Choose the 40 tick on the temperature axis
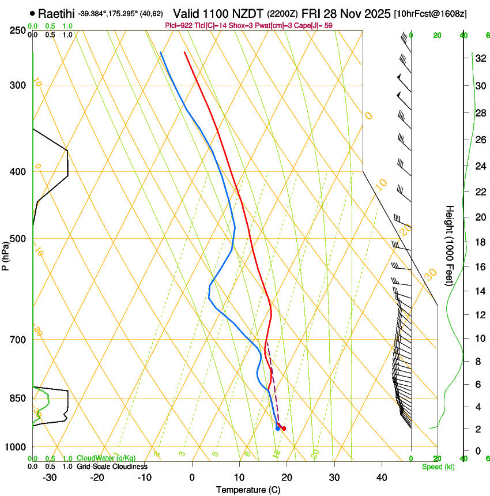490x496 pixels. (x=382, y=477)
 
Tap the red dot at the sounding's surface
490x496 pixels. (x=284, y=429)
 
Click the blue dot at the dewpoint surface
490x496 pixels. (x=278, y=428)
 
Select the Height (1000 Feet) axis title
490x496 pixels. (x=450, y=245)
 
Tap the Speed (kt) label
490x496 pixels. (x=438, y=467)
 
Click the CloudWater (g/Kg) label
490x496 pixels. (x=106, y=458)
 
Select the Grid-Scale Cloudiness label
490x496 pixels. (x=112, y=466)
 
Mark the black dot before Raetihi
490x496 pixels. (x=32, y=13)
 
